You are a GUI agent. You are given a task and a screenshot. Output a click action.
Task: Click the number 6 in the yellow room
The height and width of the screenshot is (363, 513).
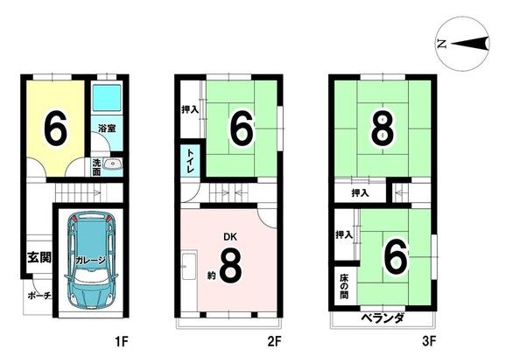(x=54, y=129)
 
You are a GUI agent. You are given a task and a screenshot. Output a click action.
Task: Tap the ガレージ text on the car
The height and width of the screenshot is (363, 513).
(x=89, y=260)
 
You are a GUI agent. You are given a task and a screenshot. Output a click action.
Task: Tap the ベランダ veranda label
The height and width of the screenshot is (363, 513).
(x=382, y=318)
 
